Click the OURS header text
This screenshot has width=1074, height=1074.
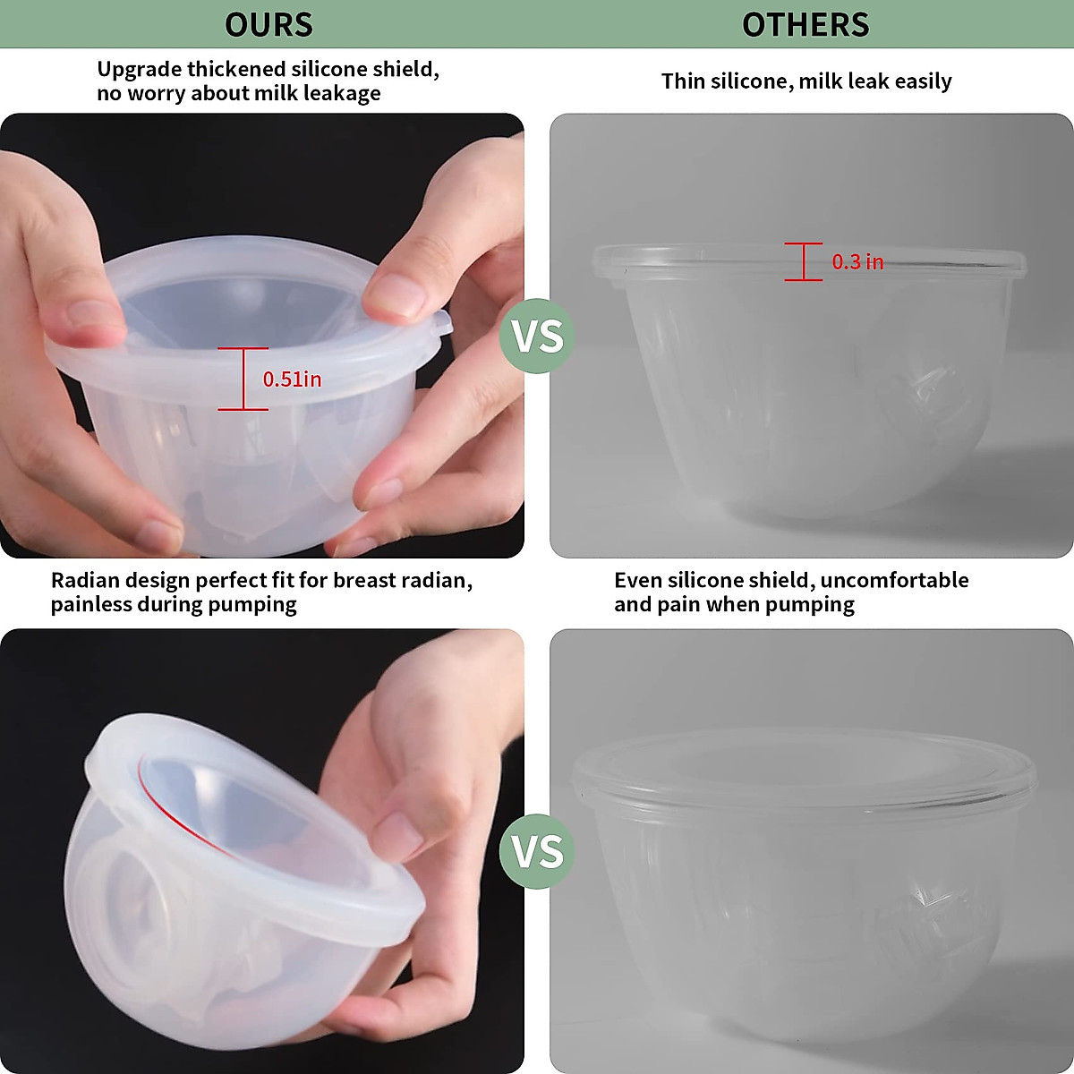click(x=268, y=24)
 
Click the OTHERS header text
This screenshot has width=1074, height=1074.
click(x=805, y=24)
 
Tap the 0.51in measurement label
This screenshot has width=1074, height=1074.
click(x=292, y=379)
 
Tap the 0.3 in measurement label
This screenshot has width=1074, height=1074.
click(x=857, y=262)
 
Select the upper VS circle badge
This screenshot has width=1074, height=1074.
click(x=538, y=337)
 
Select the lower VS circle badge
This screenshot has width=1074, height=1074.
click(x=538, y=851)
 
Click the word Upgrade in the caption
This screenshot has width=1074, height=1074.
click(x=138, y=70)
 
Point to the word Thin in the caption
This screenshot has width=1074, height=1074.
click(x=683, y=81)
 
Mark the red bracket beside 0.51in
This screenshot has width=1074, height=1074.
click(x=243, y=379)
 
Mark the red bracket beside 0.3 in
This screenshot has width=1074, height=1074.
click(x=804, y=261)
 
